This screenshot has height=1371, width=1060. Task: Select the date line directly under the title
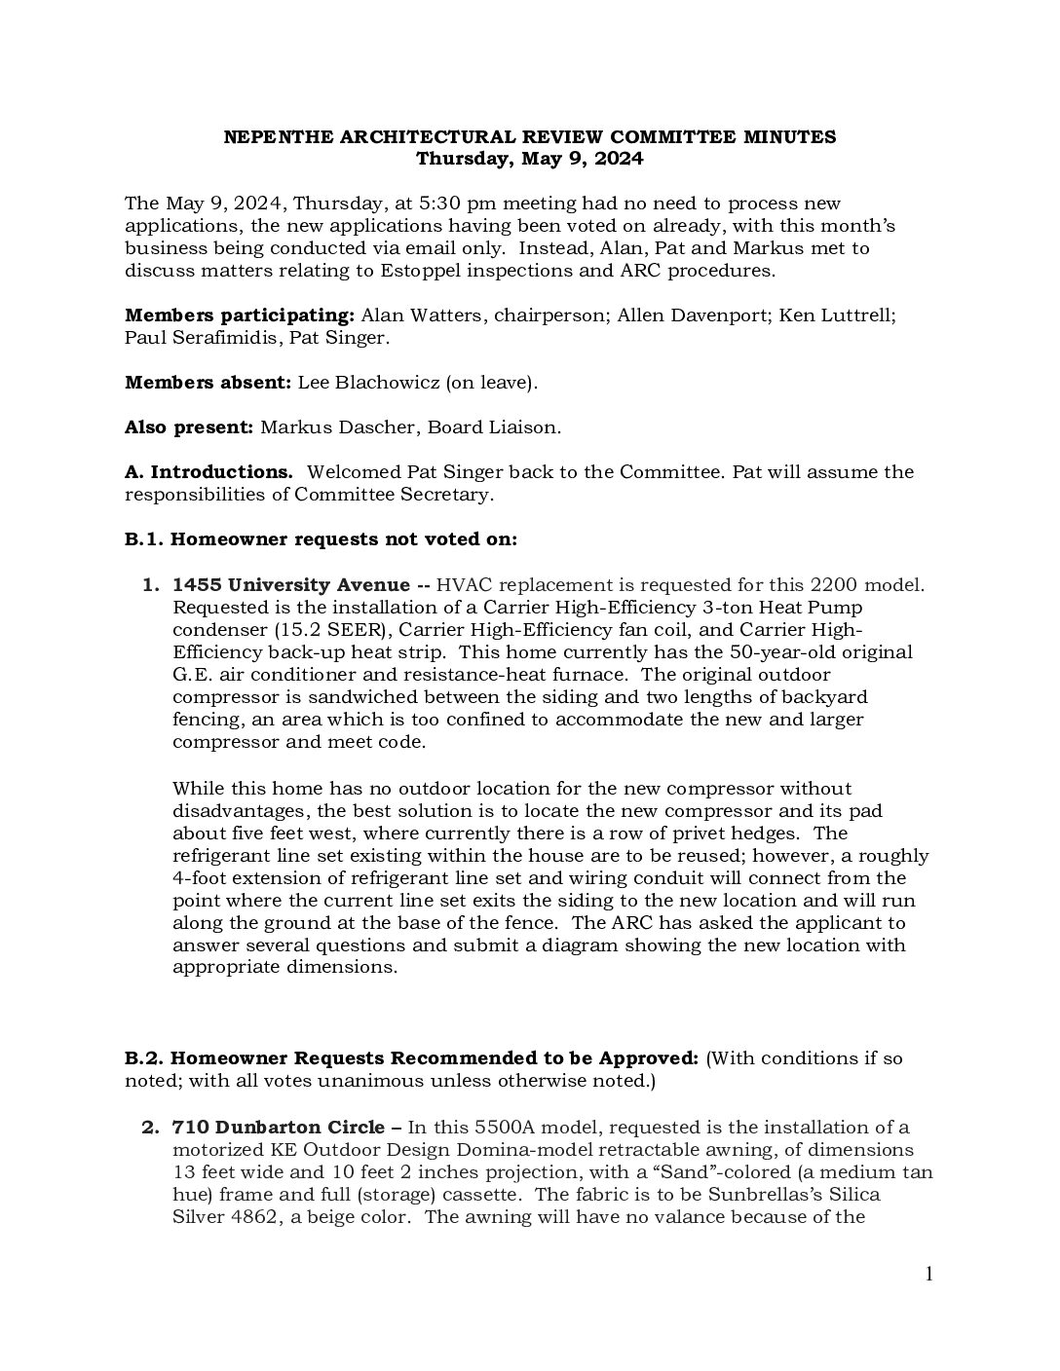pyautogui.click(x=529, y=159)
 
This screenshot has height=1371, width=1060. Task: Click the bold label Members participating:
pyautogui.click(x=239, y=315)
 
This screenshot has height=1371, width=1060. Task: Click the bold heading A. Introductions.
pyautogui.click(x=208, y=472)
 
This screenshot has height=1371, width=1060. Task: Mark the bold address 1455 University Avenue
pyautogui.click(x=290, y=585)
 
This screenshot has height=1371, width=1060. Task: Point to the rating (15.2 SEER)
pyautogui.click(x=331, y=630)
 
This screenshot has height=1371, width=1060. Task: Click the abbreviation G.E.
pyautogui.click(x=193, y=675)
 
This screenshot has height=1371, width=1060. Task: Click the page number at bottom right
pyautogui.click(x=928, y=1275)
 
